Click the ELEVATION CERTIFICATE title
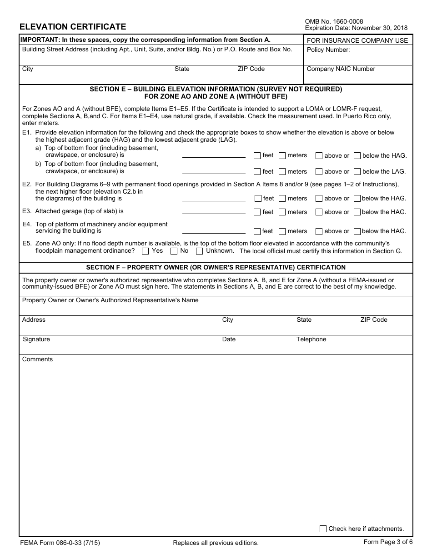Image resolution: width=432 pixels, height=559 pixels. [x=73, y=27]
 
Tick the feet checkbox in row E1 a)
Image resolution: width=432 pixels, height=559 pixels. [x=257, y=155]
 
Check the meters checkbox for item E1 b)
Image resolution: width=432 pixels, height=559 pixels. [x=282, y=172]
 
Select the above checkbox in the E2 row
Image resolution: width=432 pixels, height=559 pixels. [x=319, y=199]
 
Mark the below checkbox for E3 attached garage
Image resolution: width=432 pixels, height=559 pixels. [x=357, y=212]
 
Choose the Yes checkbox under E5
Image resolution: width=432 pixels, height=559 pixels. [x=146, y=251]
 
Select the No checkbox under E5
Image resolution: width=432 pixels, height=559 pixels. [x=174, y=251]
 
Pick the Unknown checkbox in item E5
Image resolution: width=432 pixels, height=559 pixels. [x=199, y=251]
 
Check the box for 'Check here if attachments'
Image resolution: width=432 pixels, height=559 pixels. [x=323, y=529]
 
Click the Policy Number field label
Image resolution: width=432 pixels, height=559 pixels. [x=328, y=50]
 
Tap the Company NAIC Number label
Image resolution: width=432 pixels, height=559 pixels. [x=341, y=69]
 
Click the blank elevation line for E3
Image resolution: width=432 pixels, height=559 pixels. [x=214, y=212]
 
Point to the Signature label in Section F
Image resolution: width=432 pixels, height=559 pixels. [x=36, y=339]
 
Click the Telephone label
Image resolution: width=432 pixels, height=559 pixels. [x=311, y=339]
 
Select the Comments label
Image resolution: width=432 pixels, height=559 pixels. [x=37, y=359]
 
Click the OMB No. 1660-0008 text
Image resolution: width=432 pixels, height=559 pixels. [x=334, y=21]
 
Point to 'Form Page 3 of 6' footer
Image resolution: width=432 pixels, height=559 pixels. [x=388, y=542]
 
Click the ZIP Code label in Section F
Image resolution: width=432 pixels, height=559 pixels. [x=374, y=320]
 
